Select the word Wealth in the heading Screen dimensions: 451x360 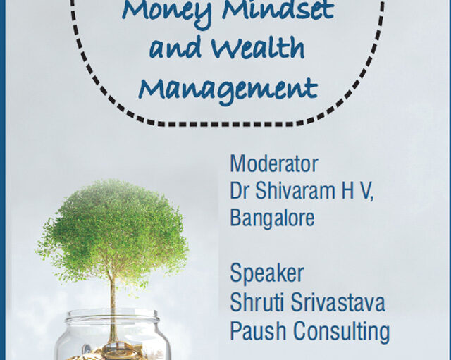coord(258,47)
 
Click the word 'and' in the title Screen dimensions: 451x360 coord(175,48)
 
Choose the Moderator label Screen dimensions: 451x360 coord(274,163)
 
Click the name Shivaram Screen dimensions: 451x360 coord(295,190)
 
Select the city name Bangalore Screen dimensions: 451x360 coord(272,218)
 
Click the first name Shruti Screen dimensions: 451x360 coord(258,302)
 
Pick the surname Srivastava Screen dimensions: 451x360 coord(338,302)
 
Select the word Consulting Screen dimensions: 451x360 coord(341,332)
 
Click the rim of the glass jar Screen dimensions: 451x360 coord(112,314)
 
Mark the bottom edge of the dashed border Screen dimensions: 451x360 coord(227,124)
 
